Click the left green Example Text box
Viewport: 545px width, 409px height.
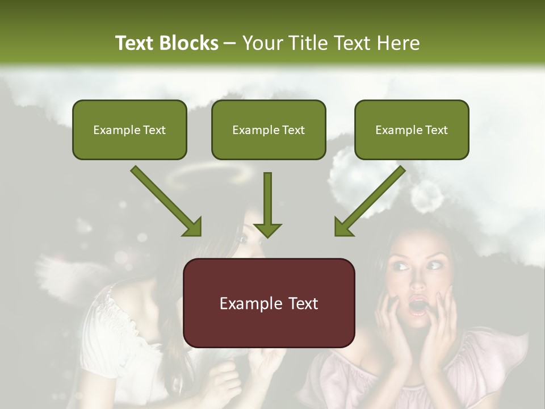click(x=129, y=130)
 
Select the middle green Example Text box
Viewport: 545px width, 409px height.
click(x=269, y=130)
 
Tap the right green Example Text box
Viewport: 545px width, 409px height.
click(x=412, y=130)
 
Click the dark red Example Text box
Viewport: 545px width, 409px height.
click(x=269, y=303)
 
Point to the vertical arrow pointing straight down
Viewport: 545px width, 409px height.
click(x=267, y=204)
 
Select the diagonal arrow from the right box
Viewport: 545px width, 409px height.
click(x=370, y=201)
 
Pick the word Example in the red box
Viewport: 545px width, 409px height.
click(x=245, y=303)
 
